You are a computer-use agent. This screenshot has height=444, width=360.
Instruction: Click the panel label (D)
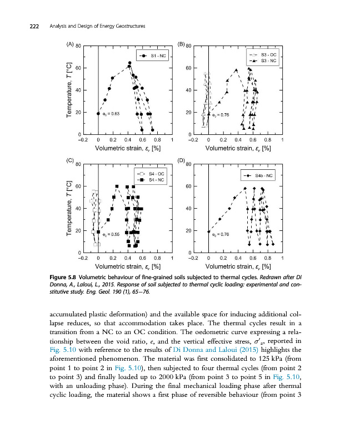pyautogui.click(x=181, y=160)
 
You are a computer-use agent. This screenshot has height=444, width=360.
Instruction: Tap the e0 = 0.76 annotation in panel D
pyautogui.click(x=221, y=235)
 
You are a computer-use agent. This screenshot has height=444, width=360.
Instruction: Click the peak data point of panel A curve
pyautogui.click(x=129, y=63)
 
